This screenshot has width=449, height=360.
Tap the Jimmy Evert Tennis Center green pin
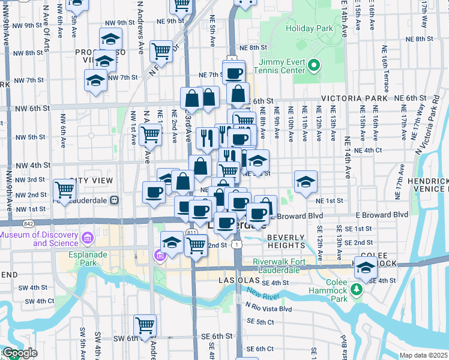click(x=313, y=64)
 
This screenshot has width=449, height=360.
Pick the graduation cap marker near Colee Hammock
click(x=364, y=268)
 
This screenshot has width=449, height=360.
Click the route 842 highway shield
click(x=29, y=222)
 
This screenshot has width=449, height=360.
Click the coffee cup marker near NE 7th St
click(x=234, y=74)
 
